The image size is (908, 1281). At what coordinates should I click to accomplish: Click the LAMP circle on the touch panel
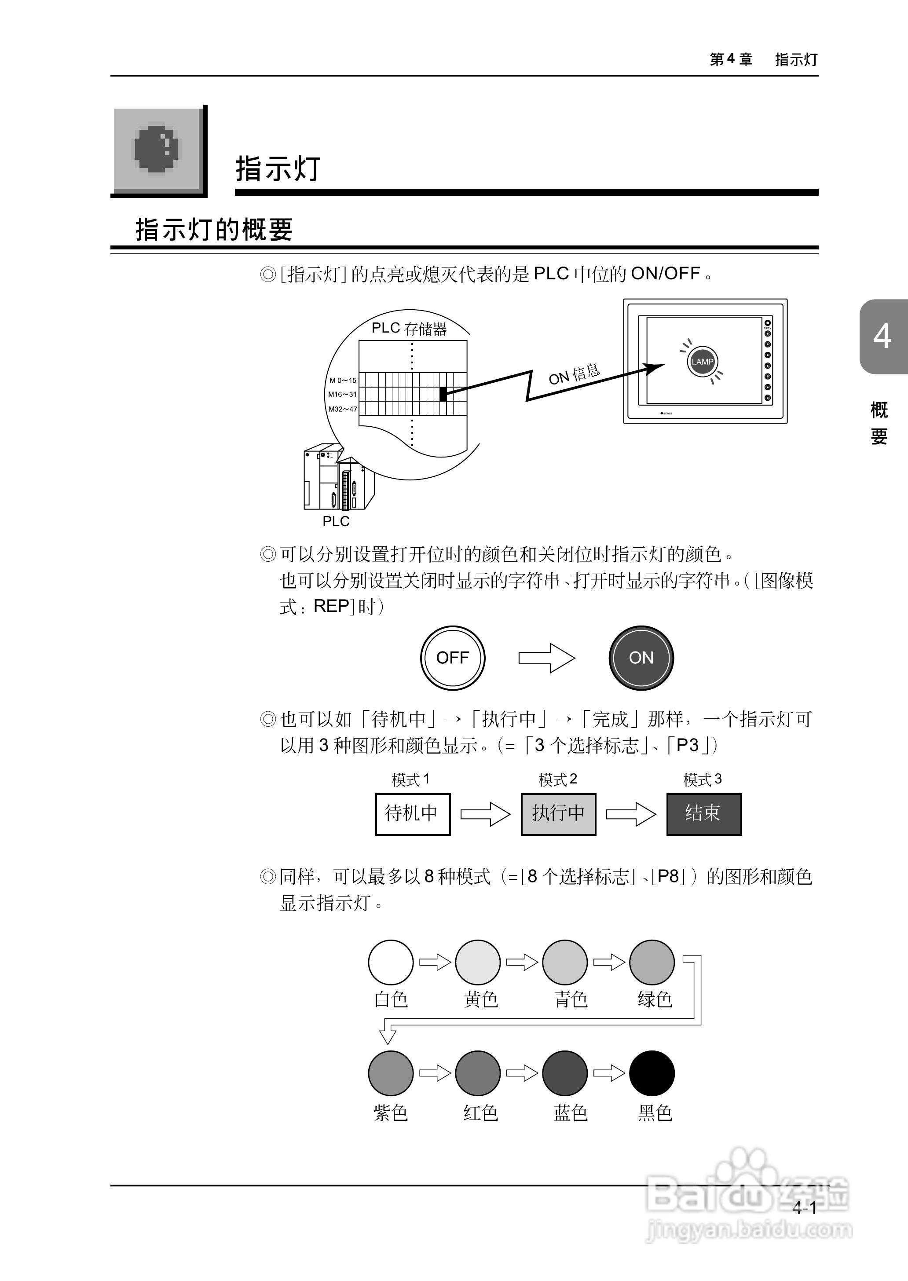702,361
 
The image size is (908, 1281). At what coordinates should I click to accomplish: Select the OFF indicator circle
452,658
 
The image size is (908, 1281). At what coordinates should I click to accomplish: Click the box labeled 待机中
413,813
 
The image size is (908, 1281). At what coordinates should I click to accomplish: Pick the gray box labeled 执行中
558,813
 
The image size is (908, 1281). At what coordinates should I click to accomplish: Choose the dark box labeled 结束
703,813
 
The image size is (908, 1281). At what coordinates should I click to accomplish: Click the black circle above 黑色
652,1073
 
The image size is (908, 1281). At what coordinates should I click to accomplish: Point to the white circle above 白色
390,962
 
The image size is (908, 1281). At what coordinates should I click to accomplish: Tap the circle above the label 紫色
390,1073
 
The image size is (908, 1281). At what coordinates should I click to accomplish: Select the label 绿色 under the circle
654,999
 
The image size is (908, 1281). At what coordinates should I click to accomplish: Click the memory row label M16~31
342,394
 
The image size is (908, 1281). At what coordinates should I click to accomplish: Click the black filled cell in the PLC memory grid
443,394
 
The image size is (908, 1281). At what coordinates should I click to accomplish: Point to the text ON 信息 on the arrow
574,374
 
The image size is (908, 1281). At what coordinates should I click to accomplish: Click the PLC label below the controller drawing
336,521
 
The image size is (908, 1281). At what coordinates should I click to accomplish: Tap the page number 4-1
804,1208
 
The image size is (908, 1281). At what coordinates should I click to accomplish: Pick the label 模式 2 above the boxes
557,779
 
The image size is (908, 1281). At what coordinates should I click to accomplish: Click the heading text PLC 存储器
409,328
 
